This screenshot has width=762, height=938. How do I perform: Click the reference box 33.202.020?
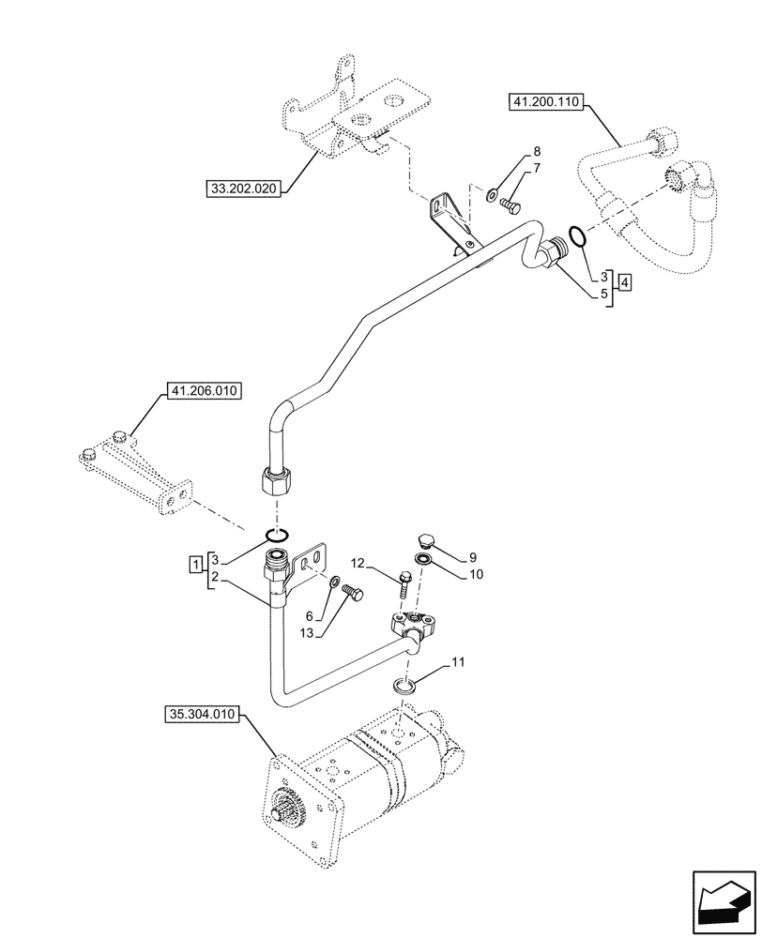(x=244, y=189)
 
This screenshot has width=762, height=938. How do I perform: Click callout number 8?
(x=536, y=152)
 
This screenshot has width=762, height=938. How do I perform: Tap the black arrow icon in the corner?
(x=722, y=899)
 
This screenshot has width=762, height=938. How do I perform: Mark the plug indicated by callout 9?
(x=424, y=541)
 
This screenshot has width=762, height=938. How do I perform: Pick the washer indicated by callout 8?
(x=493, y=195)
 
